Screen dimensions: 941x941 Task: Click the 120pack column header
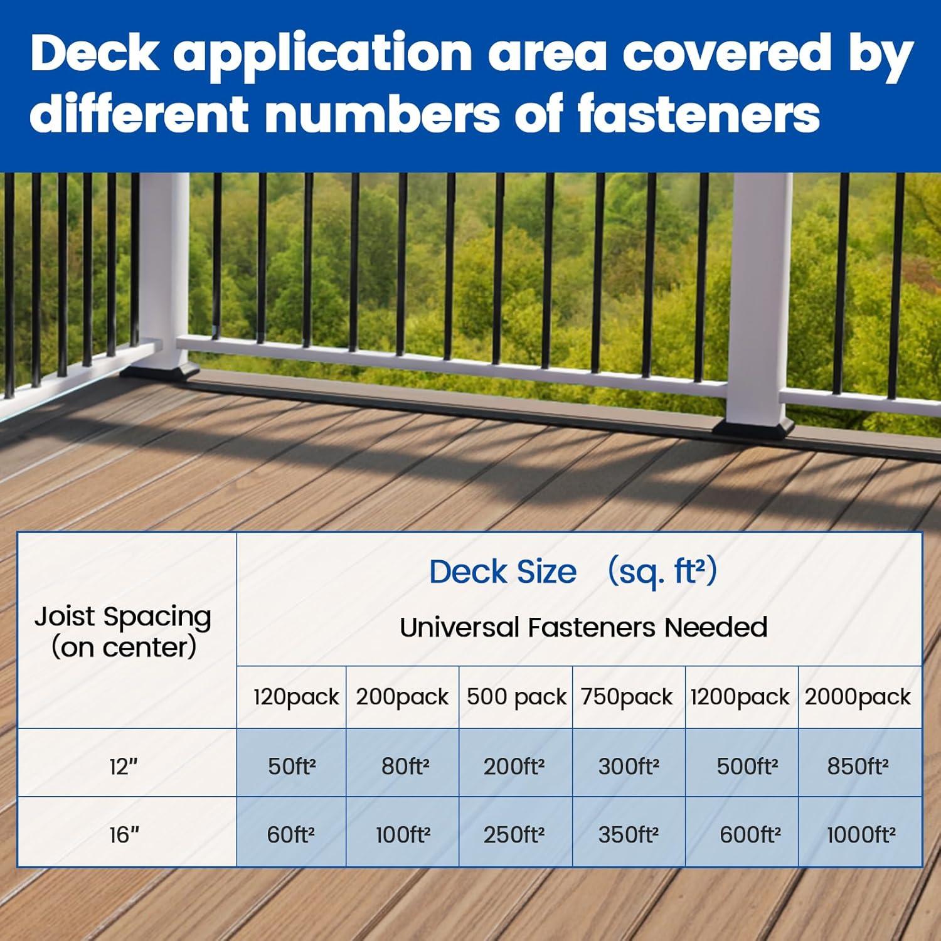pos(295,697)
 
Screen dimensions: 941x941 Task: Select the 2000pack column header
pos(858,697)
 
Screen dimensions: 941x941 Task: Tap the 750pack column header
pos(627,697)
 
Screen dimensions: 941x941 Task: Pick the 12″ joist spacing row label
pos(124,766)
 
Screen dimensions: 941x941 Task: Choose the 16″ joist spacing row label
pos(124,835)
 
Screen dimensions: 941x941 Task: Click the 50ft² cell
pos(292,767)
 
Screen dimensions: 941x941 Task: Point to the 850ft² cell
pos(858,767)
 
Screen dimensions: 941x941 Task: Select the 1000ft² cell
pos(861,835)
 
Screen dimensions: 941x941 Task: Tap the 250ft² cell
pos(514,835)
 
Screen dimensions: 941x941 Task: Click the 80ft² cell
pos(405,767)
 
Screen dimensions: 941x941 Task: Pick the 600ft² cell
pos(750,835)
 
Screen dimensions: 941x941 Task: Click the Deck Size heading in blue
pos(503,572)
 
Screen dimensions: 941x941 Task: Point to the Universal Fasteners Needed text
pos(583,627)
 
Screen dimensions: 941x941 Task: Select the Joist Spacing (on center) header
pos(123,632)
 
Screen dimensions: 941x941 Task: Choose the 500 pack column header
pos(516,697)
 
